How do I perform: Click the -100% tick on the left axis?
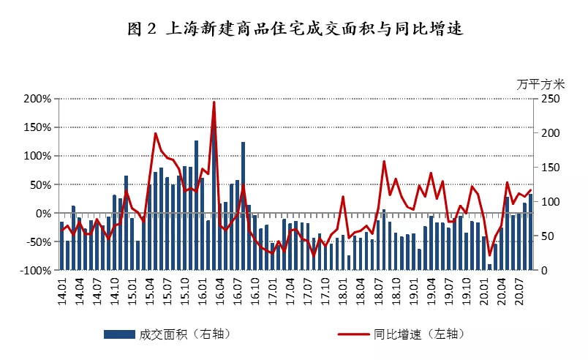[34, 271]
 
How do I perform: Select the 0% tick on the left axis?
[41, 214]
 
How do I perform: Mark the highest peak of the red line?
[214, 102]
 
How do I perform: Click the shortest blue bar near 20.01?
[490, 267]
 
